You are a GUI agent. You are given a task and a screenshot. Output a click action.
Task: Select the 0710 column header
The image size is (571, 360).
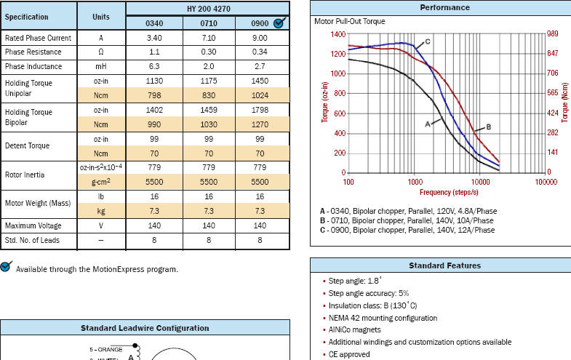tap(207, 23)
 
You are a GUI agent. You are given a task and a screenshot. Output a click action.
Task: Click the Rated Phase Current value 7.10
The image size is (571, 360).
tap(207, 37)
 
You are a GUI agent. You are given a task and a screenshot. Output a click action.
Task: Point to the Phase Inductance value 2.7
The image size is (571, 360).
tap(260, 66)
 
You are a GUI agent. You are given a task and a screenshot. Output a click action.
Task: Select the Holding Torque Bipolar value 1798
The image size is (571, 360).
tap(260, 110)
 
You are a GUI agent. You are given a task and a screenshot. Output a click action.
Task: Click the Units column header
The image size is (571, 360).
tap(101, 17)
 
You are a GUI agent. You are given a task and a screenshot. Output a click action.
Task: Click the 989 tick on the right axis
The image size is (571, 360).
tap(554, 34)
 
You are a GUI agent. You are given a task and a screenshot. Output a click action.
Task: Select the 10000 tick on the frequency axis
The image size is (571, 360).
tap(480, 182)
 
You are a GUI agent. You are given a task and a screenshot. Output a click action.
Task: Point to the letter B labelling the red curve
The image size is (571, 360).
tap(488, 127)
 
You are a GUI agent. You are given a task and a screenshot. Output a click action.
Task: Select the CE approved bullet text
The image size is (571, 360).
tap(349, 354)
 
